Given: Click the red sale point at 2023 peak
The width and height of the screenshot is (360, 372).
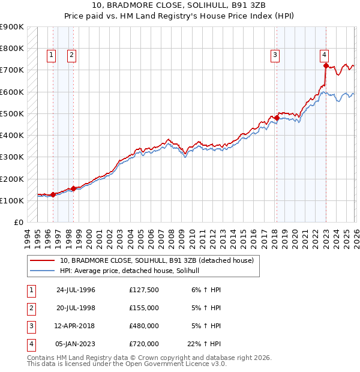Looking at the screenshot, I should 326,65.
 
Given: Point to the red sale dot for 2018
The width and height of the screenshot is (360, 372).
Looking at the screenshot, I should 277,118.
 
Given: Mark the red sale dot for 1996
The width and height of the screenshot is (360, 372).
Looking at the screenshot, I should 53,194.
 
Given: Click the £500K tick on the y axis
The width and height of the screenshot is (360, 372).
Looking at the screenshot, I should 12,113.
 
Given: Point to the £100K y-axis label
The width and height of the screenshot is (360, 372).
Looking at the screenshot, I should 12,200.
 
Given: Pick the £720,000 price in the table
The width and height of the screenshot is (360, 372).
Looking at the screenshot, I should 144,344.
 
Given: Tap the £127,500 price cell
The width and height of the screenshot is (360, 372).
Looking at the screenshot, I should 144,290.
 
